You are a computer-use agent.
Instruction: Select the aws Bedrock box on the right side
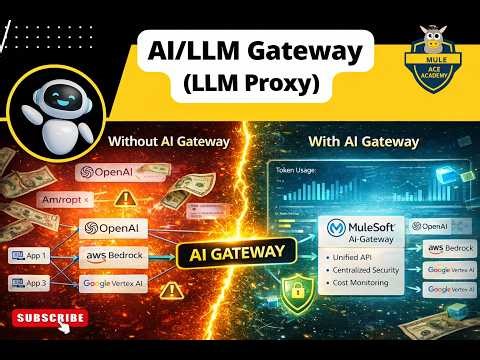coord(448,247)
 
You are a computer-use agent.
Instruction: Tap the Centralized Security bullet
coord(364,271)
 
